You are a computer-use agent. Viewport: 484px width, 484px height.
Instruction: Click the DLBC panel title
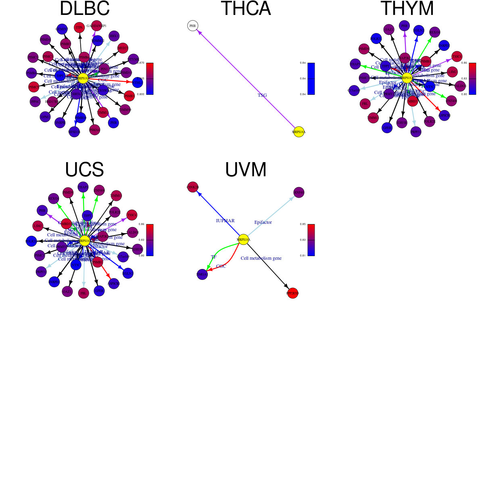[x=84, y=9]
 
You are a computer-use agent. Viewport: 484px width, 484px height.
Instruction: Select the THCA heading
[x=246, y=9]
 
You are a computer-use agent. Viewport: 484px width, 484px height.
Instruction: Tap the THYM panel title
[x=407, y=9]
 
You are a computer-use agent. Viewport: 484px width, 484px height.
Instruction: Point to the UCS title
[x=84, y=170]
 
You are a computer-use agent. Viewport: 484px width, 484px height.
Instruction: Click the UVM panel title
[x=246, y=170]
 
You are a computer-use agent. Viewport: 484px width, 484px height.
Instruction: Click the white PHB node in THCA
[x=193, y=26]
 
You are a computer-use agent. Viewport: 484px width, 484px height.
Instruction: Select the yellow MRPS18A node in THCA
[x=299, y=132]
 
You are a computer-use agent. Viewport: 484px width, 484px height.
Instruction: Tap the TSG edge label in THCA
[x=262, y=96]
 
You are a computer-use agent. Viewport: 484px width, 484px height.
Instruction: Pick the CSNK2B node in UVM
[x=193, y=187]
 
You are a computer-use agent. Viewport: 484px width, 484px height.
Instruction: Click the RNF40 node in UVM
[x=299, y=192]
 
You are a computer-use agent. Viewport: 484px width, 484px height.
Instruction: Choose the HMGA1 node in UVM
[x=202, y=275]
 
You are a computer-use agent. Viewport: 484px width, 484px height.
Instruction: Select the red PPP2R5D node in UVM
[x=292, y=293]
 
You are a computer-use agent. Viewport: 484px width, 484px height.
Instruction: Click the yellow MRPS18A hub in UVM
[x=243, y=240]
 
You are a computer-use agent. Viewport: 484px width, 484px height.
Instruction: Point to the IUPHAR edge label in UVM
[x=225, y=221]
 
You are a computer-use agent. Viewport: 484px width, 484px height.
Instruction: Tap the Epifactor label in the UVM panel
[x=263, y=222]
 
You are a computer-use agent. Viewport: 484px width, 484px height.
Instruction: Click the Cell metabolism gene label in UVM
[x=261, y=258]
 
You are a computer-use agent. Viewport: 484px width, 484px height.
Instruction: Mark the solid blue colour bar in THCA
[x=311, y=79]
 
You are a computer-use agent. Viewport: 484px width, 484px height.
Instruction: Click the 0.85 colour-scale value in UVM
[x=302, y=224]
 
